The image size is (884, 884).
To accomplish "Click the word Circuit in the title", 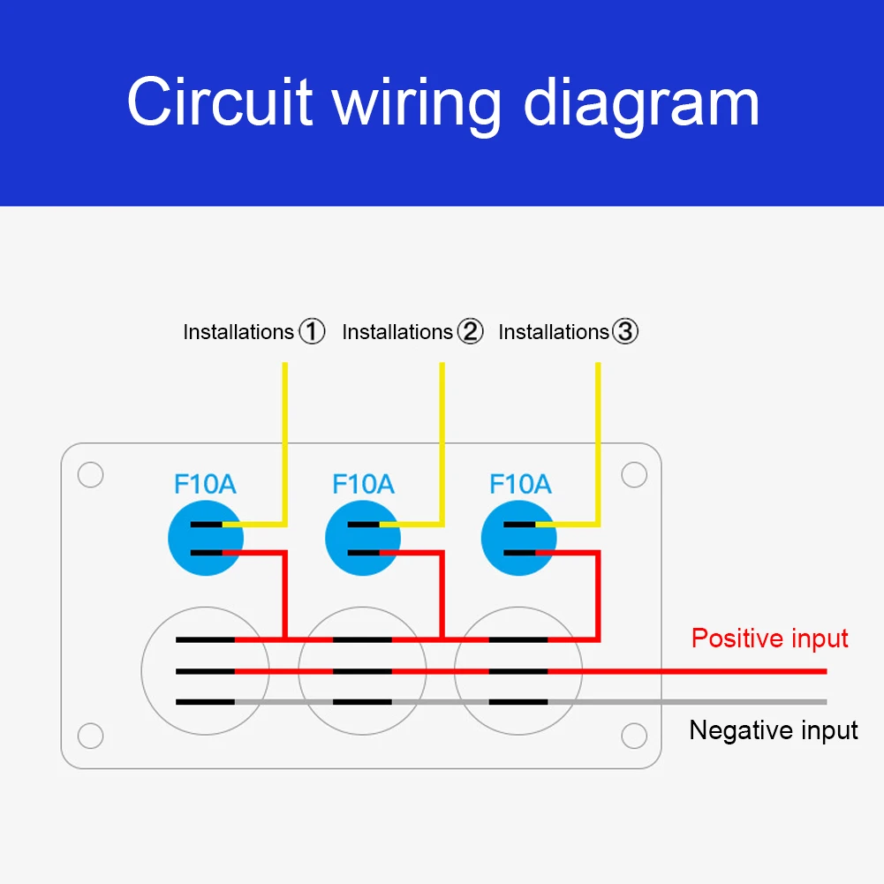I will pos(219,103).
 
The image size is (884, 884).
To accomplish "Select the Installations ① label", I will pos(238,332).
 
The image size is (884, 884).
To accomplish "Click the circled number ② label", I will pos(471,332).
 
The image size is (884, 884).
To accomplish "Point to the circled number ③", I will pos(625,332).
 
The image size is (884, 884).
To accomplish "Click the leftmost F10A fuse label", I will pos(205,485).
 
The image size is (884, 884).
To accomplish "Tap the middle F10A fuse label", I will pos(363,485).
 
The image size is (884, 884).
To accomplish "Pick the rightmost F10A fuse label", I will pos(520,485).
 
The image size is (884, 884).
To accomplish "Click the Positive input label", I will pos(769,638).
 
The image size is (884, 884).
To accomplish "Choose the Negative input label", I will pos(774,730).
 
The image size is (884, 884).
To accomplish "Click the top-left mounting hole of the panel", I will pos(90,474).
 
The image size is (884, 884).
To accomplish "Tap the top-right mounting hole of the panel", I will pos(634,474).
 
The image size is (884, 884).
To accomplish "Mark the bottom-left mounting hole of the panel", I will pos(90,735).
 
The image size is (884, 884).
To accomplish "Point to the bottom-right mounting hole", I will pos(634,735).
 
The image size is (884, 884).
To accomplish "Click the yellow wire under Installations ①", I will pos(284,442).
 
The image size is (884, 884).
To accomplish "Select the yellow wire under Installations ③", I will pos(599,442).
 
